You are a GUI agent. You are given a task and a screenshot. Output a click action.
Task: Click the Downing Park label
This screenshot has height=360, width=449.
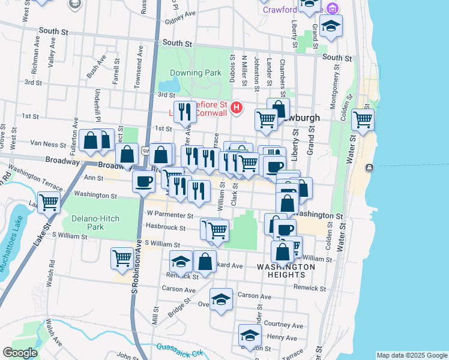point(196,73)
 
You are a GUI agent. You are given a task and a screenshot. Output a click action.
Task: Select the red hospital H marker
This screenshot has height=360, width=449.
point(237,108)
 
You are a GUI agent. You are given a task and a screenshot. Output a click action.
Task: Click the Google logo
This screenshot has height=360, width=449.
point(20,353)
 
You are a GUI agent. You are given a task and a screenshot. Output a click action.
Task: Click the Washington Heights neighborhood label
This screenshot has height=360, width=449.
point(286,271)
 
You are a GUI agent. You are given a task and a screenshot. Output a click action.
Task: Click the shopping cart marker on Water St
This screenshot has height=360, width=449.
point(363,119)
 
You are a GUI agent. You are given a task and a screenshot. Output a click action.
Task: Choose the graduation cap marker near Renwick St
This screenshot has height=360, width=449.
point(181,262)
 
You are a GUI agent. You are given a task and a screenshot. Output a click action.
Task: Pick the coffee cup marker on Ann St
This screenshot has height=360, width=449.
point(143,181)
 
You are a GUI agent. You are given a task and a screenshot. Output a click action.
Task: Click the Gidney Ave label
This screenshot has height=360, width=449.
point(180,14)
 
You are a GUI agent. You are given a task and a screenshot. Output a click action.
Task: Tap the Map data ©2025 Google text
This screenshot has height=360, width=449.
point(411,355)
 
